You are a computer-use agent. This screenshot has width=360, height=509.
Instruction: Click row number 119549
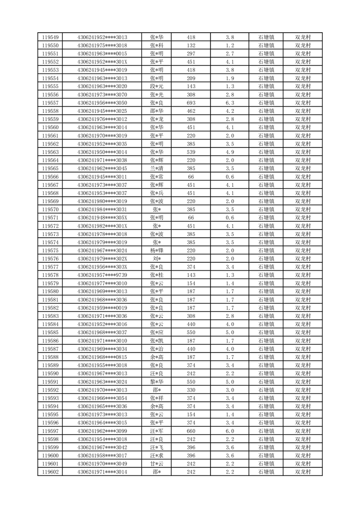(50, 37)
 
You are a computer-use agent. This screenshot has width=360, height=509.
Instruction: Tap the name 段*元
(157, 86)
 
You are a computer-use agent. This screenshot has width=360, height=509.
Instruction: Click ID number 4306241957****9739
(102, 275)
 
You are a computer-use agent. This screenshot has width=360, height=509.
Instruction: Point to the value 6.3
(229, 103)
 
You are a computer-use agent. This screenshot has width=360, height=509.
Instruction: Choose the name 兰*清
(157, 168)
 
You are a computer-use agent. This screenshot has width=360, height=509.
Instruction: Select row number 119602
(50, 472)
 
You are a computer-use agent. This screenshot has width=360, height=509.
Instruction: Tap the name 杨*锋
(157, 250)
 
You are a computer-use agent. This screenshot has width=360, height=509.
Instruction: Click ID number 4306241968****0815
(102, 357)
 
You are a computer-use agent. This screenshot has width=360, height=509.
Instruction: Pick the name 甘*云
(157, 464)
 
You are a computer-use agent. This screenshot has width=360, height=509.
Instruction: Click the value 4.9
(229, 152)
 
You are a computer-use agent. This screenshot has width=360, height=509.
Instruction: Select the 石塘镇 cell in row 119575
(266, 250)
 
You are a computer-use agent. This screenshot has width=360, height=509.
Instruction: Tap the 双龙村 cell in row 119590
(303, 373)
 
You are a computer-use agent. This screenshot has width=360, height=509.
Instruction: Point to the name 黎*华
(157, 382)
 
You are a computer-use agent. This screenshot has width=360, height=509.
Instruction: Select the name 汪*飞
(157, 447)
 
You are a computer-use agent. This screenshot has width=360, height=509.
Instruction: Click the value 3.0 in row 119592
(229, 390)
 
